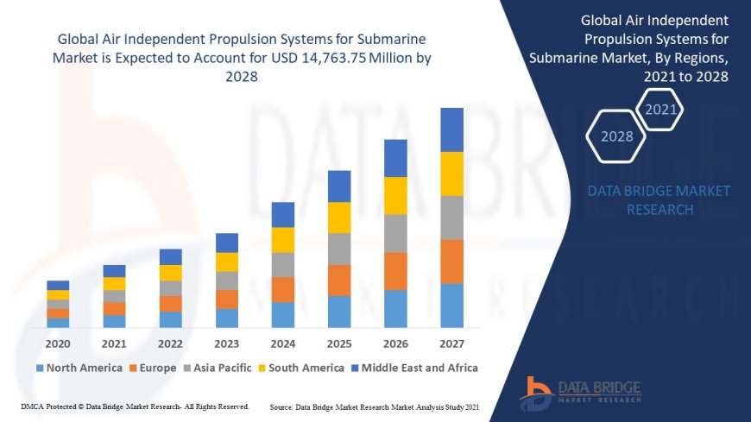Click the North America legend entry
pos(79,368)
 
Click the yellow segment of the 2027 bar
pos(451,173)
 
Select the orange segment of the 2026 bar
pos(395,271)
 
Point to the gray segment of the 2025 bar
pos(339,249)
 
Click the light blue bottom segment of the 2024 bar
pos(283,315)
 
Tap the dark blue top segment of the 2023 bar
pos(227,242)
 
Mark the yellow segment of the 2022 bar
pos(171,273)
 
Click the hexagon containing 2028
pos(616,136)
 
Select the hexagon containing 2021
pos(660,109)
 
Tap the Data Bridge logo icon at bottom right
pos(536,394)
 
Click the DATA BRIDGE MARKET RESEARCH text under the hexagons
pos(659,200)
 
